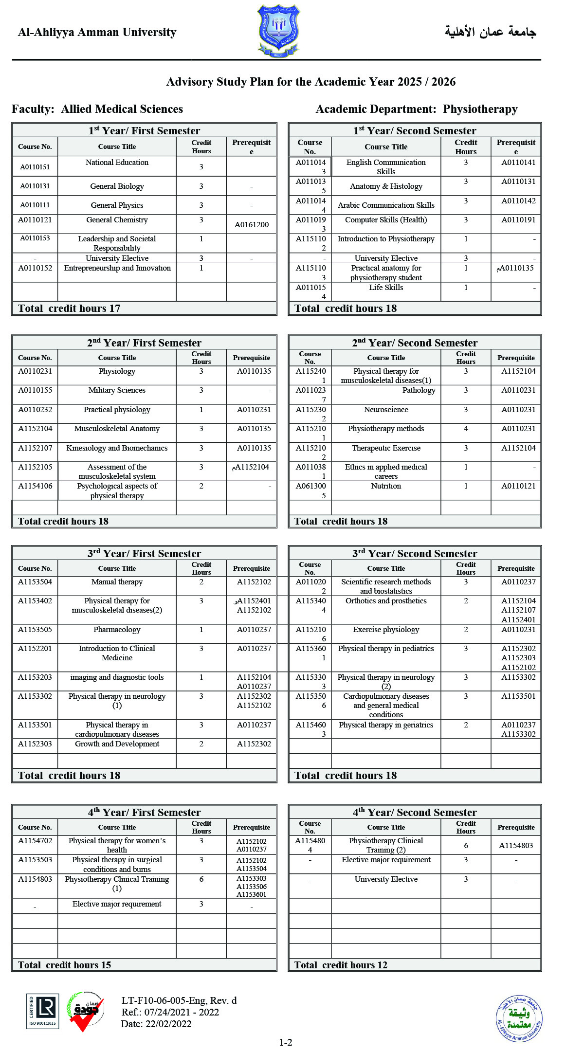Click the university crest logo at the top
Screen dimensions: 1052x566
pos(278,31)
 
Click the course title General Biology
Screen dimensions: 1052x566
pos(117,186)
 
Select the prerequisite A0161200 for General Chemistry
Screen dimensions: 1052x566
pos(251,225)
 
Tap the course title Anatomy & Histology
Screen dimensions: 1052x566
pos(386,186)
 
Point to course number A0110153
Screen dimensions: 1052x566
pos(35,238)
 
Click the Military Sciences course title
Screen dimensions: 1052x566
pos(117,390)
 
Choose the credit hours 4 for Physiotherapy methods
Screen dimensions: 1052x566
pos(466,429)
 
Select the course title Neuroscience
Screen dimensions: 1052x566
pos(386,410)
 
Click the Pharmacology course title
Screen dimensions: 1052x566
pos(117,630)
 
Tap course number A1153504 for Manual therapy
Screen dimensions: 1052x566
pos(35,582)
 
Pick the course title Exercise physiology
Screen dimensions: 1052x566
pos(386,630)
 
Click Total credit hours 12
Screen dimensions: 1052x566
pos(341,965)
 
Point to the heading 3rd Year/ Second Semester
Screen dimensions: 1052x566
pos(415,554)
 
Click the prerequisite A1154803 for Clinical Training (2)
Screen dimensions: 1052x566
pos(516,846)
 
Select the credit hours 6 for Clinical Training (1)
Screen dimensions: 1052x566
pos(201,879)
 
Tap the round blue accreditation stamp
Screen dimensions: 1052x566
pos(519,1018)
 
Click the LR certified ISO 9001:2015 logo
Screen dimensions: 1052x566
pos(43,1011)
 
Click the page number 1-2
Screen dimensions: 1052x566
pos(286,1042)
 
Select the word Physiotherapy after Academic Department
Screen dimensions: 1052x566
pos(480,109)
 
